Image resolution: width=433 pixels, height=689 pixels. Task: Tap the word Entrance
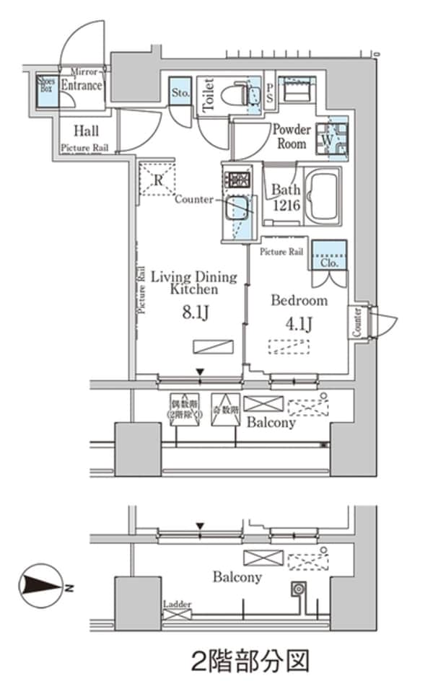click(x=81, y=85)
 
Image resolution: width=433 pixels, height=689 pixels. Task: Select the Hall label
click(x=86, y=131)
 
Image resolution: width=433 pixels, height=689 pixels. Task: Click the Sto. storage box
click(x=180, y=92)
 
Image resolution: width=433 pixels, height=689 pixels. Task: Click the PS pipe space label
click(x=269, y=92)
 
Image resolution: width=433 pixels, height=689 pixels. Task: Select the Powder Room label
click(x=290, y=136)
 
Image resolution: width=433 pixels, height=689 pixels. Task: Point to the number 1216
click(x=284, y=205)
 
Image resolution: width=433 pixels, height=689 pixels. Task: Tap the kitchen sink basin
click(x=238, y=209)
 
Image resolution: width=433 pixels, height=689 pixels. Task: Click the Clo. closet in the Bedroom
click(x=328, y=256)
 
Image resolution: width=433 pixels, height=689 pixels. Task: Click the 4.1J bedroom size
click(x=298, y=323)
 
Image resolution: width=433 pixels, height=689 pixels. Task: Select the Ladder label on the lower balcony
click(x=178, y=602)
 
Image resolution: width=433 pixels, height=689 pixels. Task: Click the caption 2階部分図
click(x=250, y=660)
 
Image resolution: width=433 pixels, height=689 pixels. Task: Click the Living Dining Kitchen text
click(x=193, y=283)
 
